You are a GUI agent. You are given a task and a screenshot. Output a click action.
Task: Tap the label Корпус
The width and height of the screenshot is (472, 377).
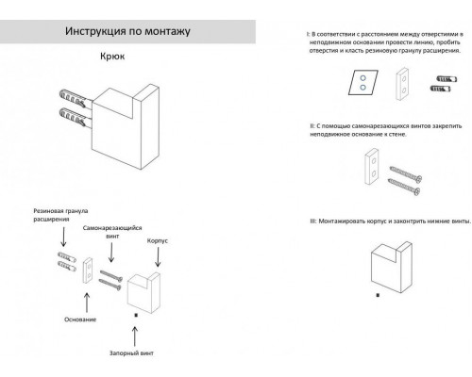click(157, 240)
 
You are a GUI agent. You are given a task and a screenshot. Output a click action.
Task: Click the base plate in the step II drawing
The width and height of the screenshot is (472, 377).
click(373, 172)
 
